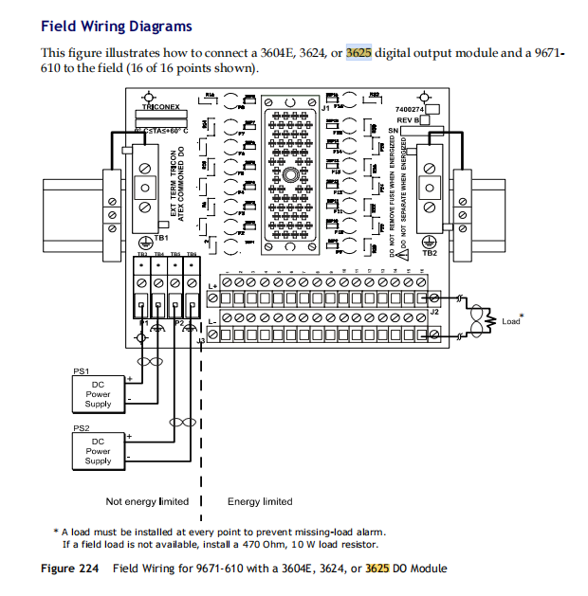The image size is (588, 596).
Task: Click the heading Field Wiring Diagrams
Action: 116,27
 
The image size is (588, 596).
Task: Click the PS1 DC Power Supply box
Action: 98,393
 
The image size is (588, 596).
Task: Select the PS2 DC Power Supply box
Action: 98,450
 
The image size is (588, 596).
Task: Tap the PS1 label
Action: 81,370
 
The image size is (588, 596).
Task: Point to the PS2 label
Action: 81,427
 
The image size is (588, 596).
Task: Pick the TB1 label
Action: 160,237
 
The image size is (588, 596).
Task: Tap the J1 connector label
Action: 325,109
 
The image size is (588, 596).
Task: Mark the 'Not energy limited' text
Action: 147,501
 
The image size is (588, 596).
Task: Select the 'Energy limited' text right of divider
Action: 260,501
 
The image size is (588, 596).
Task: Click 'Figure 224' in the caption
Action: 71,569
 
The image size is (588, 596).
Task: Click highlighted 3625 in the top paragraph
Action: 358,53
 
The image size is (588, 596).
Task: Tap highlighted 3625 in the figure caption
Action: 377,569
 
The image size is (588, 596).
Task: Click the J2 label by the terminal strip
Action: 432,311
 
